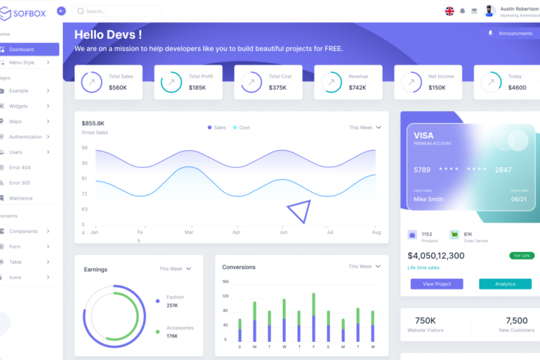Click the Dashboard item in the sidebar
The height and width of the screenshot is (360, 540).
(22, 49)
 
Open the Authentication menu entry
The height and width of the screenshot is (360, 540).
(25, 136)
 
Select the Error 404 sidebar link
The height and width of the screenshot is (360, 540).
(19, 167)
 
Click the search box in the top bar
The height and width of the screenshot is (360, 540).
(118, 11)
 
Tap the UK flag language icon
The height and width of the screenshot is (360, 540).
(449, 11)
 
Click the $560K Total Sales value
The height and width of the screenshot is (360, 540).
(118, 88)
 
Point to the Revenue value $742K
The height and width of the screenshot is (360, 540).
(357, 88)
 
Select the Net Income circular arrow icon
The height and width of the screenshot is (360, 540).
(409, 82)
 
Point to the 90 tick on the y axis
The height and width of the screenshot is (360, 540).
(84, 163)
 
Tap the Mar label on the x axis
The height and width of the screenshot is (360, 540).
(189, 232)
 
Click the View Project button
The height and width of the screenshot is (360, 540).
(436, 283)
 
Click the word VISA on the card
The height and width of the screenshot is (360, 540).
(424, 136)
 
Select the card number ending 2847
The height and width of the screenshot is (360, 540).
(503, 169)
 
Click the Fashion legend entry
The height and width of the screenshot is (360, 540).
(175, 297)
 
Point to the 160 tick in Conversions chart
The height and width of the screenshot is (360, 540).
(225, 281)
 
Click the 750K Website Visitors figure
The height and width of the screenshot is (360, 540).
(425, 320)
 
